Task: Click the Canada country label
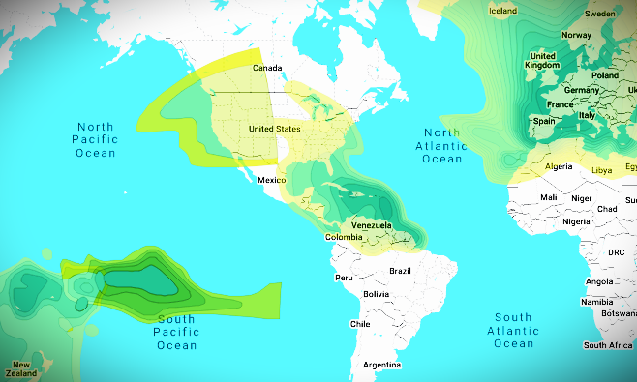(266, 69)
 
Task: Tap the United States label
(275, 129)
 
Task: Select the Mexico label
(272, 180)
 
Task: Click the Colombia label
(343, 237)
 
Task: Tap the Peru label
(344, 278)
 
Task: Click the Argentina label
(380, 365)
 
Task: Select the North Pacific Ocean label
(96, 140)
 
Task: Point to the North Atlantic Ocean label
(442, 145)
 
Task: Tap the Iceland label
(503, 12)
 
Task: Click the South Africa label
(608, 345)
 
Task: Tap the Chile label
(360, 324)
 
